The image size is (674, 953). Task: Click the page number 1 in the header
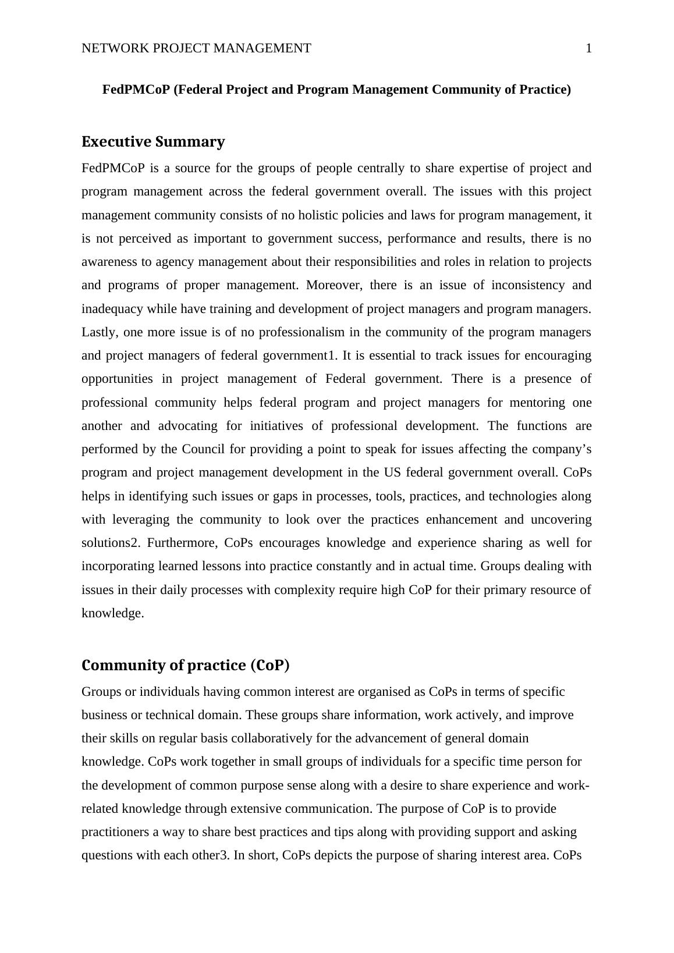coord(588,48)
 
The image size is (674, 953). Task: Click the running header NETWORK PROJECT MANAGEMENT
coord(196,48)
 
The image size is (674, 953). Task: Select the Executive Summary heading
coord(153,142)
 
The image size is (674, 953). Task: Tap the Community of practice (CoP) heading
coord(185,665)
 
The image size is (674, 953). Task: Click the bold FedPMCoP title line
coord(336,90)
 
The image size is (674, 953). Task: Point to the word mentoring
coord(535,403)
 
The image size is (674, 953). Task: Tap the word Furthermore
coord(182,543)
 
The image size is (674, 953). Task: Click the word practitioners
coord(115,832)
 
